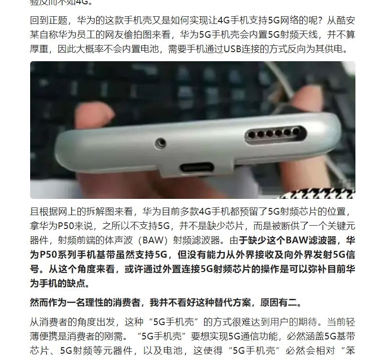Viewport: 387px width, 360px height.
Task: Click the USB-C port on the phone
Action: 197,168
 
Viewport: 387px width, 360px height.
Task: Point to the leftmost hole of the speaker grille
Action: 252,134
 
